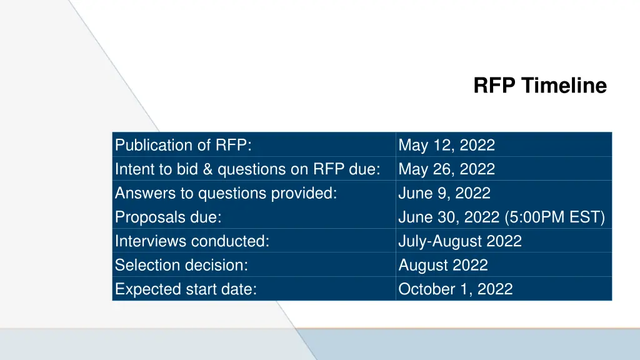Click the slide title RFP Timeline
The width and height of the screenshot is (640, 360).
coord(539,85)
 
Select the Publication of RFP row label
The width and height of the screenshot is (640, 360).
coord(183,145)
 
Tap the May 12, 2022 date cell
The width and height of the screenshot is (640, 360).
coord(446,145)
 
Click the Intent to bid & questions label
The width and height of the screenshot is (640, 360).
coord(247,169)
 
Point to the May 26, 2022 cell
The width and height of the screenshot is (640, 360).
coord(446,169)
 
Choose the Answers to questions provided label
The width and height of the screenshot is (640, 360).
coord(226,193)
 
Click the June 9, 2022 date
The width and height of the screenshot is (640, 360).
coord(444,193)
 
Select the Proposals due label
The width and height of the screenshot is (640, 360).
coord(168,217)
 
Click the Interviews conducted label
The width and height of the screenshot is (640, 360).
coord(192,241)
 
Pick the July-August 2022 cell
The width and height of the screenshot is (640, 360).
coord(459,241)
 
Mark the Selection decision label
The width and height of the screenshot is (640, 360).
coord(181,265)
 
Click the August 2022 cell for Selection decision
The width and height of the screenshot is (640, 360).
coord(442,265)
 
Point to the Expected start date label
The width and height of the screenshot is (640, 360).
coord(186,289)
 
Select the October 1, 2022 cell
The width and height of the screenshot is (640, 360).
coord(455,289)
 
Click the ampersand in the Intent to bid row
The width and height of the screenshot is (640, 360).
coord(207,169)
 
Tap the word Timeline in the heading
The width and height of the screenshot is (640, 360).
coord(564,85)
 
